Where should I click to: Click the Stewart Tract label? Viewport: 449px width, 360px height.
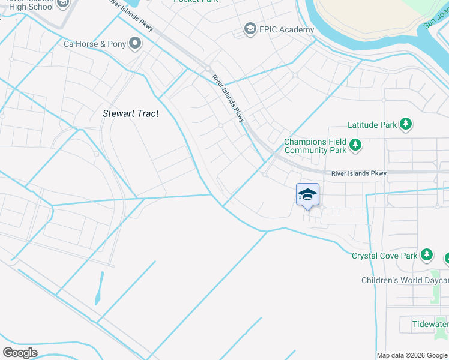[x=131, y=113]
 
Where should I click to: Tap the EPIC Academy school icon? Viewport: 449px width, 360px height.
[x=250, y=29]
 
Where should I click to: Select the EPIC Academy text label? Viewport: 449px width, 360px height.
[x=286, y=29]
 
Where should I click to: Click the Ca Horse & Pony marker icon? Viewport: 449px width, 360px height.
[x=135, y=43]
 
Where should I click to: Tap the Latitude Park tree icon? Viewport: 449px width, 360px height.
[x=406, y=124]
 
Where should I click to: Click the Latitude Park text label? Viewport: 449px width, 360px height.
[x=372, y=125]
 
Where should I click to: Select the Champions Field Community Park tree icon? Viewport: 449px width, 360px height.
[x=355, y=145]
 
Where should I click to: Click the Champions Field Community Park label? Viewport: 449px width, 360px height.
[x=315, y=146]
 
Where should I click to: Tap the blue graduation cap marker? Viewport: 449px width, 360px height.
[x=307, y=194]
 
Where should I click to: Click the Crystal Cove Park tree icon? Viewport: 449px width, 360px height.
[x=427, y=255]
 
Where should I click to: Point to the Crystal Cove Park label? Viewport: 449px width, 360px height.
[x=384, y=256]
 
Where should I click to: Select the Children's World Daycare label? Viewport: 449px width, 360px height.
[x=405, y=280]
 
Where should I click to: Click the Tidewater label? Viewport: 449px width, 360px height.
[x=430, y=324]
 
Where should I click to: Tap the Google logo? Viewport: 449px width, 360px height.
[x=20, y=352]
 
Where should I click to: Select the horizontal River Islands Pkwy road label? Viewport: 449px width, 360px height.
[x=358, y=173]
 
